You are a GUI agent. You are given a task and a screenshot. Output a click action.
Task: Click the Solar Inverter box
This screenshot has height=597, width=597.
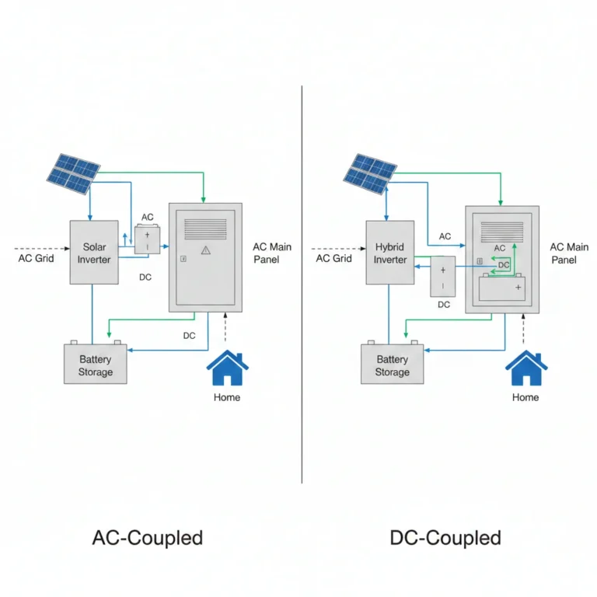click(x=94, y=252)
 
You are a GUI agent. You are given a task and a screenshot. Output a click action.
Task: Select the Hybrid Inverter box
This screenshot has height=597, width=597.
click(x=390, y=252)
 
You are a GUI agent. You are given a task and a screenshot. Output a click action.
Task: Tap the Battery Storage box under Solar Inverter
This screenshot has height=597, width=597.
click(x=95, y=364)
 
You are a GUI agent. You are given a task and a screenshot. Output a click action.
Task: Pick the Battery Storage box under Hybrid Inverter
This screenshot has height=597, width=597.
click(x=392, y=364)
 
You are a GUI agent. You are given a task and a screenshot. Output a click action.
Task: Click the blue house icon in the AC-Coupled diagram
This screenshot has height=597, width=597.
click(x=227, y=368)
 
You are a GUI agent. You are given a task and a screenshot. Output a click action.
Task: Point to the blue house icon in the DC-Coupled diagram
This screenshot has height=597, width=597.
click(x=526, y=368)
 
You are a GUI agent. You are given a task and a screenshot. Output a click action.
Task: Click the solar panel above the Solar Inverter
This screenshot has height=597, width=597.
click(x=74, y=174)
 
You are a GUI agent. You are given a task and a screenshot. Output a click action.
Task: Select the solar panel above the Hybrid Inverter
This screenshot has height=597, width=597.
click(x=370, y=174)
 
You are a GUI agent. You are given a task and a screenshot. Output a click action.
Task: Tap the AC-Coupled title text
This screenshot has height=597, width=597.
click(x=148, y=538)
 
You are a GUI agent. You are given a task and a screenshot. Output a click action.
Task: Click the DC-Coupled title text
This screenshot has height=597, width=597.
click(x=445, y=538)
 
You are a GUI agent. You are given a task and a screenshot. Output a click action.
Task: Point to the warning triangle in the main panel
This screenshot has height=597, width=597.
click(x=205, y=250)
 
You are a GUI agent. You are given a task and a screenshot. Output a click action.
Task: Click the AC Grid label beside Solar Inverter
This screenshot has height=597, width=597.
click(x=37, y=258)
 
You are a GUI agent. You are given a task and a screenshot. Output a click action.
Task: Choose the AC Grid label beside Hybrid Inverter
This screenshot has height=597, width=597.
click(x=333, y=258)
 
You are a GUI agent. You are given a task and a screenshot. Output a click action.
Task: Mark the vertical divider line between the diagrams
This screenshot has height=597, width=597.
click(x=302, y=285)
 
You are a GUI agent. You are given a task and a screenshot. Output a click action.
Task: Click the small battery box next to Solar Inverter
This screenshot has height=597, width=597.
click(x=148, y=240)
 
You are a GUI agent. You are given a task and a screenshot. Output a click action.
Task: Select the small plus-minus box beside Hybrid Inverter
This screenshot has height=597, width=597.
click(x=443, y=277)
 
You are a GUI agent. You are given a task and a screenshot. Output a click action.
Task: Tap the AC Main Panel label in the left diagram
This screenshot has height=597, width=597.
click(x=272, y=253)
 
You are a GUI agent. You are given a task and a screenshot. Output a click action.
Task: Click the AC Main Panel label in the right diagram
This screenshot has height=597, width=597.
click(x=569, y=253)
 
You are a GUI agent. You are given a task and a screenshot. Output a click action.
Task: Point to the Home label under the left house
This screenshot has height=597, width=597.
click(x=227, y=397)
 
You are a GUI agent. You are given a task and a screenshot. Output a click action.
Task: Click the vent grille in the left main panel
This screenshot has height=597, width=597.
click(x=205, y=229)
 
